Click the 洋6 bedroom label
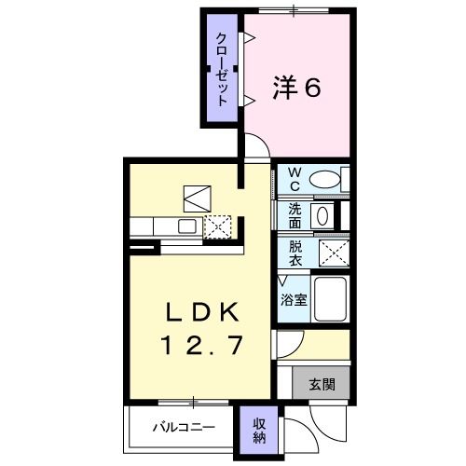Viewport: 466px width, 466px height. point(296,88)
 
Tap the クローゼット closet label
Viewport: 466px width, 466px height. point(221,69)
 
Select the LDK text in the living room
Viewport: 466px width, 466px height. point(203,312)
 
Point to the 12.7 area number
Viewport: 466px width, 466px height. point(201,345)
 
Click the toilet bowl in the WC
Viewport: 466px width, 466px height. point(324,180)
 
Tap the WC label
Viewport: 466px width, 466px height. point(295,179)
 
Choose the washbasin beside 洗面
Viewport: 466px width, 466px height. point(322,215)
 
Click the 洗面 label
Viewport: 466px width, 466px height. point(295,215)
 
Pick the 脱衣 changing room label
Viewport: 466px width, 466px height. point(295,254)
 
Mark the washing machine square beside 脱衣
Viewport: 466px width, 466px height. point(335,254)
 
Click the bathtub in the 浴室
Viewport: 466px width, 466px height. point(330,299)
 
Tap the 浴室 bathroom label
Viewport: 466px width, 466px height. point(294,300)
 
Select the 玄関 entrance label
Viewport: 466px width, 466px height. point(322,384)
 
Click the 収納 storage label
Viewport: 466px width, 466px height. point(259,431)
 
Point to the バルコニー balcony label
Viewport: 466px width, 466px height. point(184,428)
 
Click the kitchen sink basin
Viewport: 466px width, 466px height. point(186,226)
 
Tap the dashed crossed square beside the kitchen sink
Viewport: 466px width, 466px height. point(217,226)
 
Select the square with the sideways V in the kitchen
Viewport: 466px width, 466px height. point(198,199)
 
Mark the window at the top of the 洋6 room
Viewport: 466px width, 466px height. point(294,11)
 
